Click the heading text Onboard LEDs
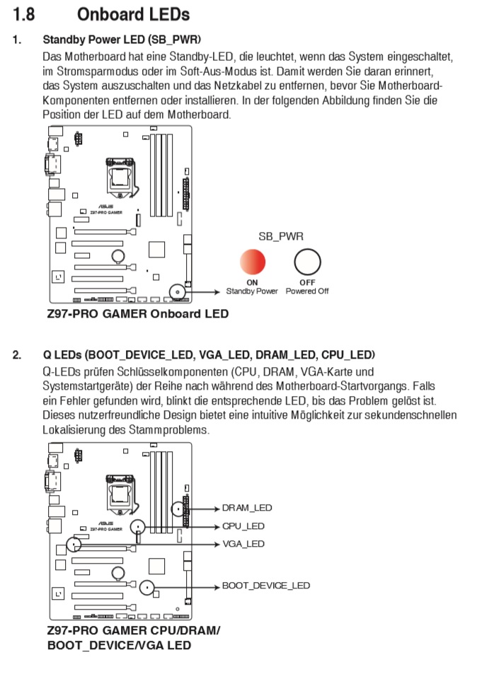(133, 13)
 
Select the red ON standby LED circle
(252, 262)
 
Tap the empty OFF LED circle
(307, 262)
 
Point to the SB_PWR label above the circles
(281, 237)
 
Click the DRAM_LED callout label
(246, 508)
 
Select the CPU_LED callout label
(243, 526)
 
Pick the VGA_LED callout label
(243, 544)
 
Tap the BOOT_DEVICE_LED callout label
(265, 586)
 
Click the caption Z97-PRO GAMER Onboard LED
(137, 313)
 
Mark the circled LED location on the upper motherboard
(177, 291)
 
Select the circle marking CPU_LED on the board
(139, 526)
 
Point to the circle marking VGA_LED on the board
(74, 544)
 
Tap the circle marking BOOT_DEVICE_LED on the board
(146, 586)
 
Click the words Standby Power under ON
(252, 291)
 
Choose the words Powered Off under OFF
(307, 291)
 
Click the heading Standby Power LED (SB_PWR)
(122, 39)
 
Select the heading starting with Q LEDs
(209, 354)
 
